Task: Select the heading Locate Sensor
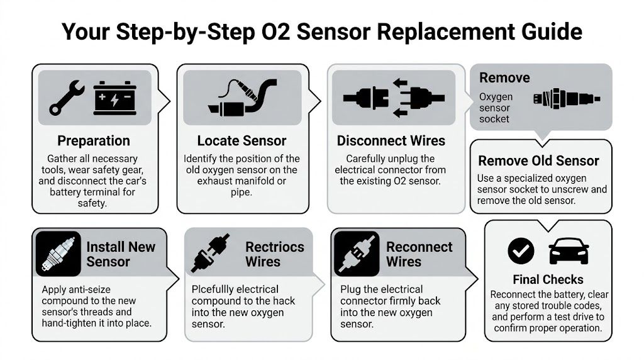tap(241, 141)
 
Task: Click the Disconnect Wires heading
tap(391, 141)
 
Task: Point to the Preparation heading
tap(94, 141)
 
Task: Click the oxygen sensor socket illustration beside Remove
tap(565, 99)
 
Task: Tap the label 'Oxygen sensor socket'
tap(496, 108)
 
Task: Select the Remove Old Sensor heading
tap(538, 160)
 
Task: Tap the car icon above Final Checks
tap(568, 252)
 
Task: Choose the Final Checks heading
tap(548, 279)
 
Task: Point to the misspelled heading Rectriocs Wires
tap(274, 254)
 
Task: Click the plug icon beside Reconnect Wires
tap(356, 254)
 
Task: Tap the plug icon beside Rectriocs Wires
tap(210, 254)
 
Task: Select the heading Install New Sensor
tap(121, 254)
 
